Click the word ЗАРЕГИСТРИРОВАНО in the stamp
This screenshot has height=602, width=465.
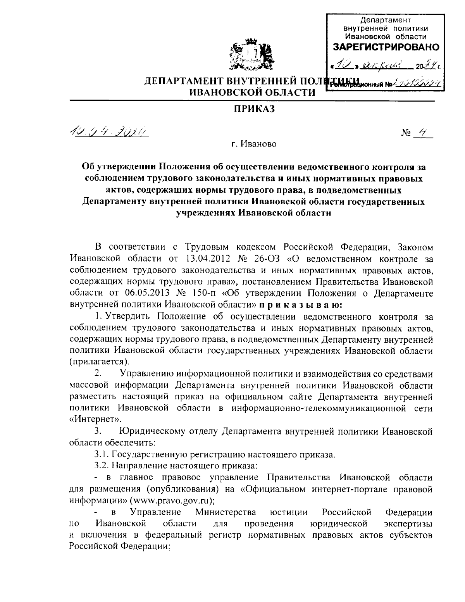pos(386,47)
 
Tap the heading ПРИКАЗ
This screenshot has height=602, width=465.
pos(251,110)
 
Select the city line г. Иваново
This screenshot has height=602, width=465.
pos(251,145)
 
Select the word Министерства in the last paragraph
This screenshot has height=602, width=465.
pos(225,512)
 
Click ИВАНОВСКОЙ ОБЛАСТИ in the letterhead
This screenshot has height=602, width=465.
pos(251,92)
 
